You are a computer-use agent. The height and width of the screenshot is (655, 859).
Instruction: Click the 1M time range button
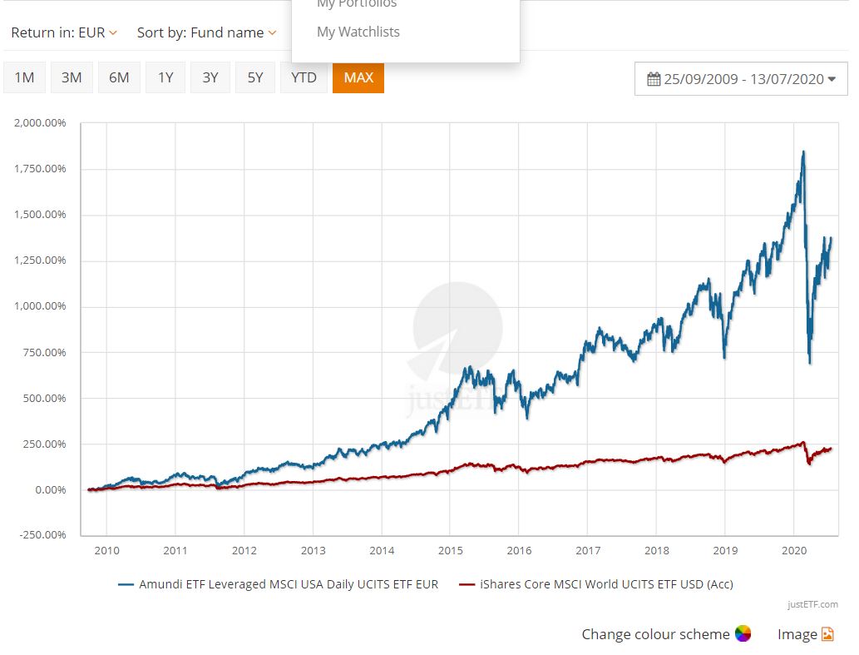click(x=24, y=77)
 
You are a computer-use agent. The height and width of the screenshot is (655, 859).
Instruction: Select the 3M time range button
click(x=72, y=77)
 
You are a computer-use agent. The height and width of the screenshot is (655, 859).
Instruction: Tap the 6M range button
click(x=119, y=77)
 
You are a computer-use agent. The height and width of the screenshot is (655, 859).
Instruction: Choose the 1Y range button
click(x=165, y=77)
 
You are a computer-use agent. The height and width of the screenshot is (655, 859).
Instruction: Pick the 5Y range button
click(x=254, y=77)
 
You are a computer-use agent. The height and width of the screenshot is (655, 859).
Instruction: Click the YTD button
click(x=304, y=77)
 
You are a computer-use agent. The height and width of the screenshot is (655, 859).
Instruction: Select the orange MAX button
click(x=358, y=77)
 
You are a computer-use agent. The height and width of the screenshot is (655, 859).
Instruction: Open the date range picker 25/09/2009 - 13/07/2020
click(x=741, y=79)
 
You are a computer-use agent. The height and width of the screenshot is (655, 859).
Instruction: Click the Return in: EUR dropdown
click(x=64, y=32)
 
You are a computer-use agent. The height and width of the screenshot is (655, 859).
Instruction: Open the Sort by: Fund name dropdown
click(x=206, y=32)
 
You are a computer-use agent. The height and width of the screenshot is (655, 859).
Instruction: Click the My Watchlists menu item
click(x=358, y=32)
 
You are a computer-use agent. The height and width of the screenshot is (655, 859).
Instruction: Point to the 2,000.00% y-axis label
click(x=41, y=123)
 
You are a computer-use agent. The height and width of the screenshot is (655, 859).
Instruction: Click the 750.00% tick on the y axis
click(x=44, y=353)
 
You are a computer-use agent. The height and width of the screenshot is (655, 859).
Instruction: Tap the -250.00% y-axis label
click(x=42, y=534)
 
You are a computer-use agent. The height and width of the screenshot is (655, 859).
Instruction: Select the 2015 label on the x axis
click(x=451, y=550)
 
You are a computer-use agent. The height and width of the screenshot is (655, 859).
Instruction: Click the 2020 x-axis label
click(x=795, y=550)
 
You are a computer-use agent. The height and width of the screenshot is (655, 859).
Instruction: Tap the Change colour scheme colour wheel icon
click(x=743, y=634)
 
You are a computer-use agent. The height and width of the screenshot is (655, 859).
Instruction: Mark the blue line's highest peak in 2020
click(x=802, y=151)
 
